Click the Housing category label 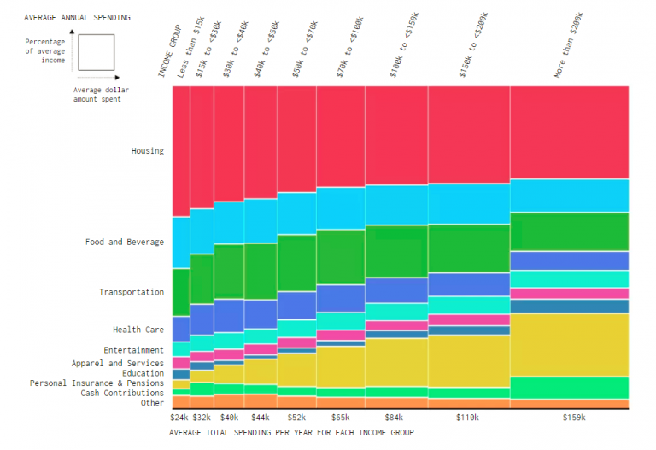click(x=147, y=151)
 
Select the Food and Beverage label click(x=124, y=242)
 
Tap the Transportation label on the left click(x=131, y=292)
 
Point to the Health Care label click(x=138, y=330)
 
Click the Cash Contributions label click(x=122, y=393)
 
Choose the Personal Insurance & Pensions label click(x=97, y=383)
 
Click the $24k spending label click(x=179, y=418)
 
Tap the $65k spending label click(x=340, y=418)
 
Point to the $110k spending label click(x=468, y=418)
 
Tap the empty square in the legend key click(x=95, y=52)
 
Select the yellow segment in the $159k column click(x=569, y=344)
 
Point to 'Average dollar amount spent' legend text click(x=97, y=94)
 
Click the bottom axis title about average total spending click(x=291, y=433)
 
